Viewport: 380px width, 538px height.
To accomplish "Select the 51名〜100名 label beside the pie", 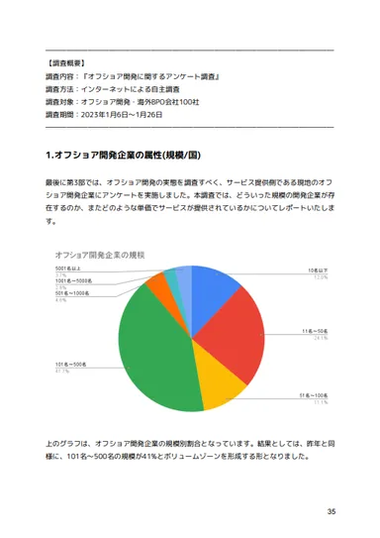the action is point(312,395).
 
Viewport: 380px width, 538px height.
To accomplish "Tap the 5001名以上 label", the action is point(73,269).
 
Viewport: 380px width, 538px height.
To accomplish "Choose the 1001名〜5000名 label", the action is point(77,281).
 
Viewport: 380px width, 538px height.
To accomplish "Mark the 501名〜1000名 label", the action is point(75,293).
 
